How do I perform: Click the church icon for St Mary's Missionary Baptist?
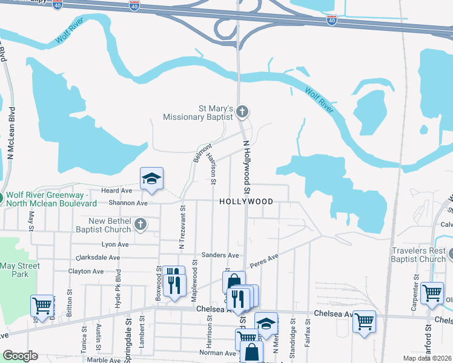click(242, 111)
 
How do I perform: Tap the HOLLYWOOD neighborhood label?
click(246, 201)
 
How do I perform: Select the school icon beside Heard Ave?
click(151, 178)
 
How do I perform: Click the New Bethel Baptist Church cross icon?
click(141, 225)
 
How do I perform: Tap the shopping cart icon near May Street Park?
click(42, 306)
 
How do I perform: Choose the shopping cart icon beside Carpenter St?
click(431, 293)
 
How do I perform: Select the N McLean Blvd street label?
click(12, 134)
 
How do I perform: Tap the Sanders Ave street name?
click(220, 256)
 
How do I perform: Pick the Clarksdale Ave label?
click(102, 257)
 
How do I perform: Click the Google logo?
click(20, 356)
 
